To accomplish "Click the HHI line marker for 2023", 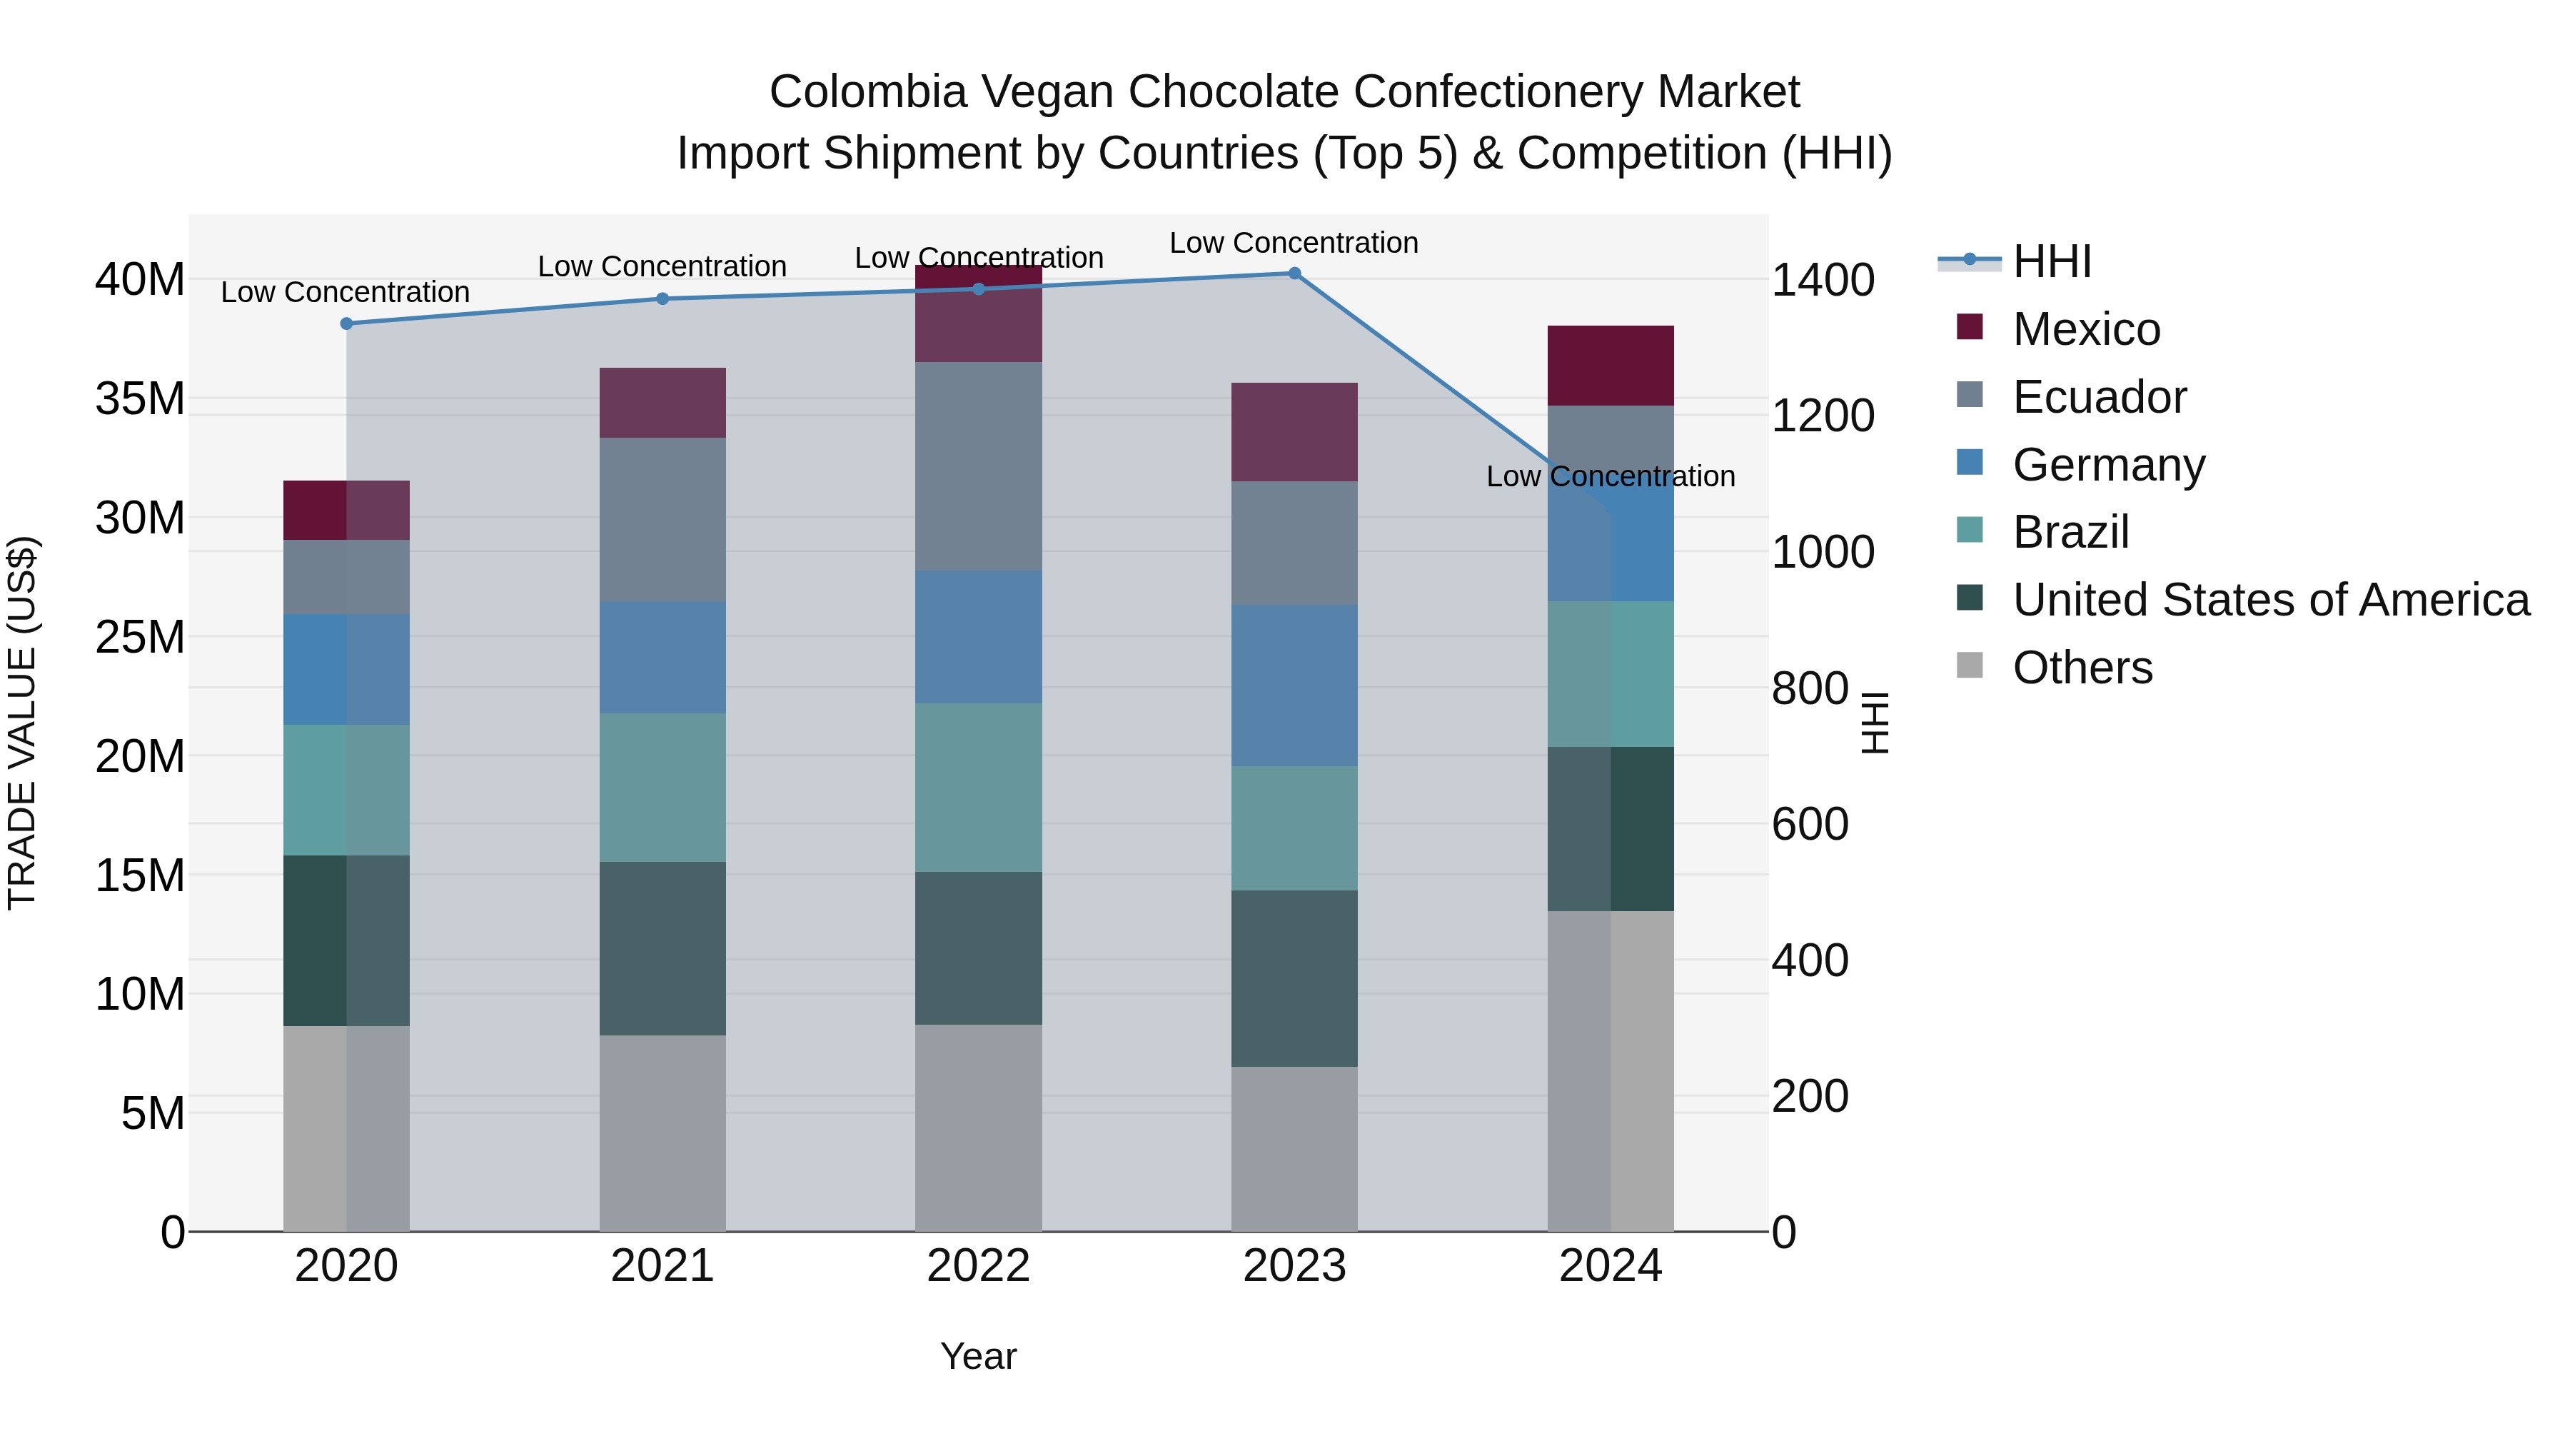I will (1294, 273).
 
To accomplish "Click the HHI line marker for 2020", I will (346, 323).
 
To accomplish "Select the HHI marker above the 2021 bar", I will (662, 298).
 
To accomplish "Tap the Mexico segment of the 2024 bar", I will (1611, 365).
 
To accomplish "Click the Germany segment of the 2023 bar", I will (1294, 686).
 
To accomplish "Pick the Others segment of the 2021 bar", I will (662, 1133).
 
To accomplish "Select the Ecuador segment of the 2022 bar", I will (978, 466).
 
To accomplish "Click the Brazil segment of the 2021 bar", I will (662, 788).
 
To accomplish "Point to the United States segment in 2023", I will (1294, 978).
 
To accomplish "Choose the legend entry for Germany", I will (2108, 465).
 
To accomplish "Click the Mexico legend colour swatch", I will (1970, 327).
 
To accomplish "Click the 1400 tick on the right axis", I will (1822, 281).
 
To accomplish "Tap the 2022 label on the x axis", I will (978, 1266).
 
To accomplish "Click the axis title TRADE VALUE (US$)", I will (23, 723).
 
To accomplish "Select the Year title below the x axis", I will (978, 1356).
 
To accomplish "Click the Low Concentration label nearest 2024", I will (1611, 477).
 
